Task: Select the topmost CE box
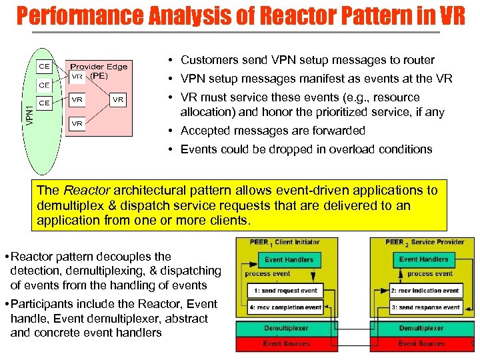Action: click(45, 67)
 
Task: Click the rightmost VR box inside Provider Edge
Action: click(118, 99)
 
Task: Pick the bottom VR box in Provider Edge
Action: click(77, 123)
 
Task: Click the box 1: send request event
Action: click(286, 291)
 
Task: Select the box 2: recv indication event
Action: click(425, 291)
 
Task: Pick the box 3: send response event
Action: click(425, 307)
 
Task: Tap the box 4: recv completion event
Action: click(286, 307)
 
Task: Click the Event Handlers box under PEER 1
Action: click(289, 259)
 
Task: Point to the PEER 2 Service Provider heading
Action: click(420, 242)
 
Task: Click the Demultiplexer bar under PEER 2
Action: click(421, 329)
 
